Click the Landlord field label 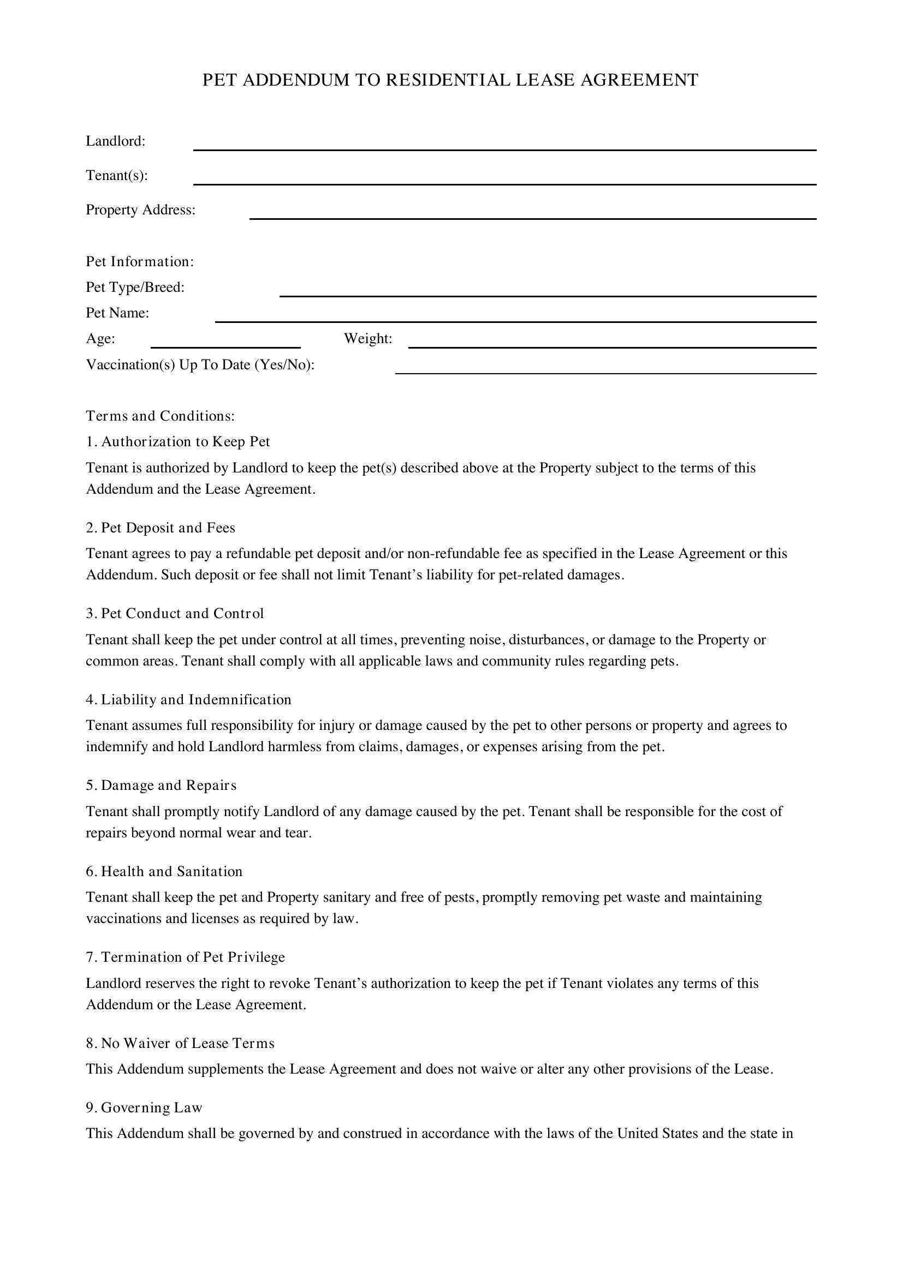pos(116,141)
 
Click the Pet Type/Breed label pos(135,287)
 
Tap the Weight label pos(368,338)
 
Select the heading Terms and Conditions pos(160,416)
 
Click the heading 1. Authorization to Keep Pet pos(178,441)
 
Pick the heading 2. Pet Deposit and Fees pos(161,528)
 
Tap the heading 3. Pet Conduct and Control pos(175,613)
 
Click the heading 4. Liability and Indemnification pos(188,699)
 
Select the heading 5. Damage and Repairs pos(161,785)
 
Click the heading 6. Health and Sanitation pos(164,871)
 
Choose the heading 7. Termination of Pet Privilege pos(185,957)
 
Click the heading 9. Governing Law pos(144,1107)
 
